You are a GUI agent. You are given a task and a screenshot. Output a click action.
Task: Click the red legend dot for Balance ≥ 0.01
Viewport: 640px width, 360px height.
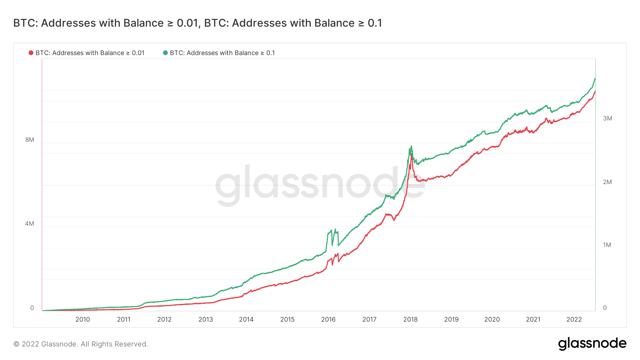click(x=31, y=53)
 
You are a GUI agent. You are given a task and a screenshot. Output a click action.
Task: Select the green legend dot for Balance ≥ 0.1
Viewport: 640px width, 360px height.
click(x=165, y=53)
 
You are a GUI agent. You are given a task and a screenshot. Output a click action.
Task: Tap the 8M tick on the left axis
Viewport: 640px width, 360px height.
click(x=30, y=140)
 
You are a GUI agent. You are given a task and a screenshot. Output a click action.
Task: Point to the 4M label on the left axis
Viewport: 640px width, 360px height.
click(x=30, y=224)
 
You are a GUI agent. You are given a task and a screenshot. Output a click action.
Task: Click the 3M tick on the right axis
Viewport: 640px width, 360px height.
click(x=607, y=118)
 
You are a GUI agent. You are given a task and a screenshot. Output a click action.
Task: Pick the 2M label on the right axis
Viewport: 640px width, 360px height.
click(x=607, y=182)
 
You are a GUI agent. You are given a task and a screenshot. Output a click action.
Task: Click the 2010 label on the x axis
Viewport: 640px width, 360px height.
click(x=82, y=319)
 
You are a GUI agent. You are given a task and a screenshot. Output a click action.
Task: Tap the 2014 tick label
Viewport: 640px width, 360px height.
click(x=246, y=319)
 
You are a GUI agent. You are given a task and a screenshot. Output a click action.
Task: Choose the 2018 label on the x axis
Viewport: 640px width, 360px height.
click(x=410, y=319)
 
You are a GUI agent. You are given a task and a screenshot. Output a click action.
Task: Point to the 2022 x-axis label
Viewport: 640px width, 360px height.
click(x=574, y=319)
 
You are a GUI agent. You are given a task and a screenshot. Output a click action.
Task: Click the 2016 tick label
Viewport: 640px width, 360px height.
click(x=328, y=319)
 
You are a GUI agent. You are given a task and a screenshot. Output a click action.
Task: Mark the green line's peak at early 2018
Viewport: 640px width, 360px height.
click(x=411, y=146)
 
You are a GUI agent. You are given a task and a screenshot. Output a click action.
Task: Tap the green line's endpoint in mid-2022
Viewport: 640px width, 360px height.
click(x=595, y=78)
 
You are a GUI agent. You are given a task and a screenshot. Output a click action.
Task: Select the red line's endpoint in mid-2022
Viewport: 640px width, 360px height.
click(x=595, y=91)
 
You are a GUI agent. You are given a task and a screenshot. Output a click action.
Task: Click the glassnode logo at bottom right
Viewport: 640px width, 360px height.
click(x=592, y=344)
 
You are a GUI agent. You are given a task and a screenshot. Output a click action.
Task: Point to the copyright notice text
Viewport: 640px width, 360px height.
click(x=81, y=344)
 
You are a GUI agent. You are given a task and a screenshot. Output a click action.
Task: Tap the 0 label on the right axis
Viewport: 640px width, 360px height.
click(x=605, y=308)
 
